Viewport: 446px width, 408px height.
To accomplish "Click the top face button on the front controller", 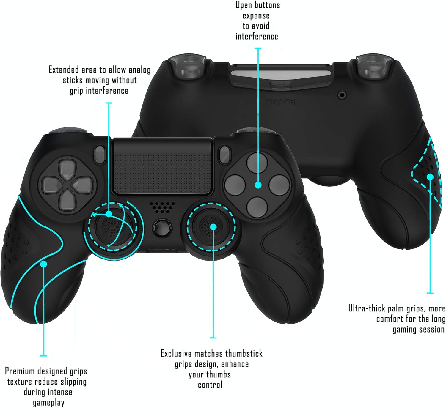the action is (257, 163).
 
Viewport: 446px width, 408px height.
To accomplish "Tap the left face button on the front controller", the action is (235, 185).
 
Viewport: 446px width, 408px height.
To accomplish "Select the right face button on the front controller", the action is (279, 185).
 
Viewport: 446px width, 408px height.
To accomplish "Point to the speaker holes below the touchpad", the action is (162, 207).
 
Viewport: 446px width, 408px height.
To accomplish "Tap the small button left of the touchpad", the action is (100, 155).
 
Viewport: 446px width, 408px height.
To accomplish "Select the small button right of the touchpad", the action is (224, 155).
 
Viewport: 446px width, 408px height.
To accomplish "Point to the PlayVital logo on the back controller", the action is (281, 102).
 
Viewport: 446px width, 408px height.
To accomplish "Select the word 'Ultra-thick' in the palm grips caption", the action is (367, 308).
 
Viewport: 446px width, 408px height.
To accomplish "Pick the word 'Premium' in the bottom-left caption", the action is (20, 371).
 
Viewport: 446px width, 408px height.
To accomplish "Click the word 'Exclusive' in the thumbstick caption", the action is (176, 353).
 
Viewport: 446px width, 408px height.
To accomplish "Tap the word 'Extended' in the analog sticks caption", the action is (64, 70).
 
